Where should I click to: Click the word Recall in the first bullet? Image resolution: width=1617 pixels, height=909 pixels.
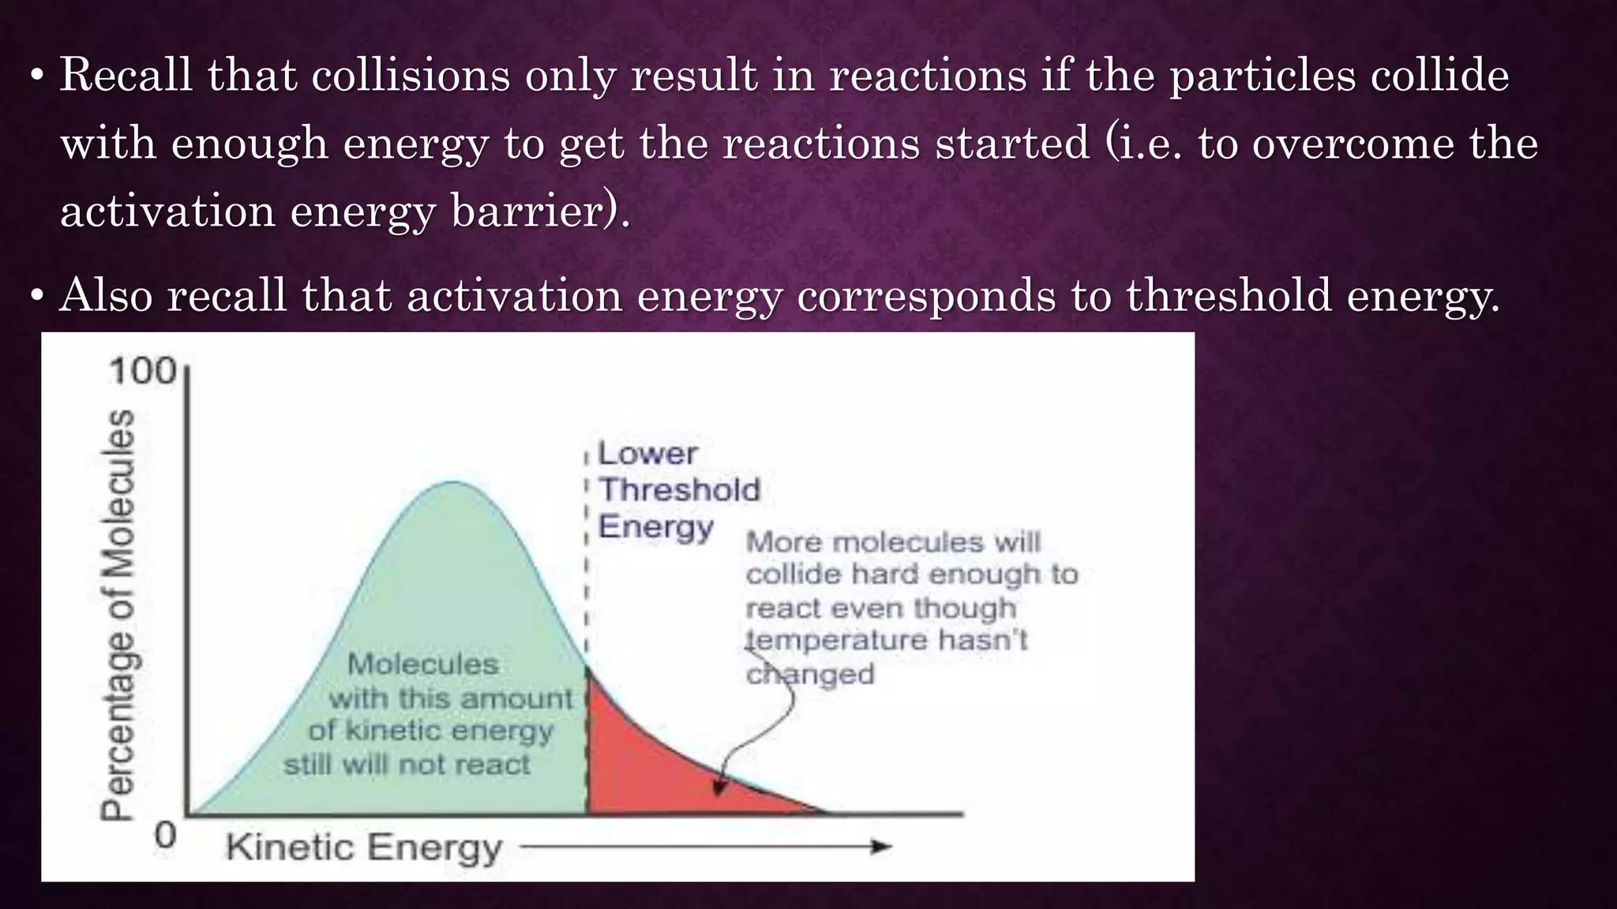point(126,76)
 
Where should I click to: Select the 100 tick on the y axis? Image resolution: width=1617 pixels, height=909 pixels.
point(143,371)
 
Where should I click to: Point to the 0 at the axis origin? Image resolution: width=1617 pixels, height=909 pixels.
point(164,835)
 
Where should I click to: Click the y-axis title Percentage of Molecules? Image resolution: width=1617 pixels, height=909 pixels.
point(118,615)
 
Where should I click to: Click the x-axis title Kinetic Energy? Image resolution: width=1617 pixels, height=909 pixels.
point(364,848)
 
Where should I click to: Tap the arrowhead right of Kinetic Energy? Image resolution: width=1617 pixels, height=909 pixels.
point(881,847)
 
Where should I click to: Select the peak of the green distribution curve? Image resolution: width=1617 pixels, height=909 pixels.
point(454,483)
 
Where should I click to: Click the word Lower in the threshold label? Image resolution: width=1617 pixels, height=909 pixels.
point(647,454)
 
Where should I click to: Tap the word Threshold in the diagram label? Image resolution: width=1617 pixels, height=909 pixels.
point(679,490)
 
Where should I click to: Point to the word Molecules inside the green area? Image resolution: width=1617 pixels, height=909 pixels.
point(423,664)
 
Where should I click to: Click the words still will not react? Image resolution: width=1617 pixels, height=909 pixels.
point(407,765)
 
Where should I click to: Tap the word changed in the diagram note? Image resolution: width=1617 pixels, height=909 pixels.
point(810,675)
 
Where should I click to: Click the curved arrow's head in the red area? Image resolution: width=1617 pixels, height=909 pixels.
point(718,787)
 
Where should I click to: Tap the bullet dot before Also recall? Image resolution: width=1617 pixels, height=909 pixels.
point(36,297)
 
